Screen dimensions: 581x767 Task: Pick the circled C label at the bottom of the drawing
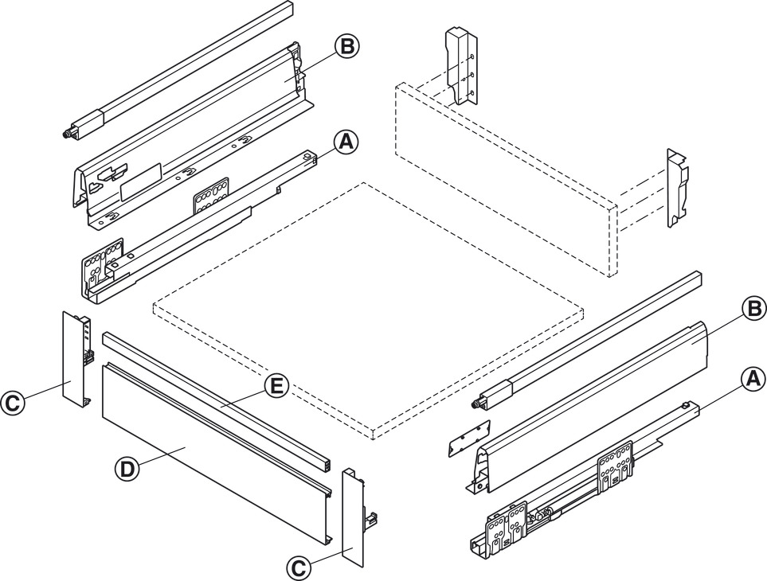[297, 567]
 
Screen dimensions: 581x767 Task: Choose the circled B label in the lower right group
[753, 308]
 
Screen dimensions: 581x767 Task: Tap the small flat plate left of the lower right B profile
[467, 437]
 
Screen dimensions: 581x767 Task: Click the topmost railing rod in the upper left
[183, 68]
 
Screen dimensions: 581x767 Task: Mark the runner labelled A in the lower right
[573, 485]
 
